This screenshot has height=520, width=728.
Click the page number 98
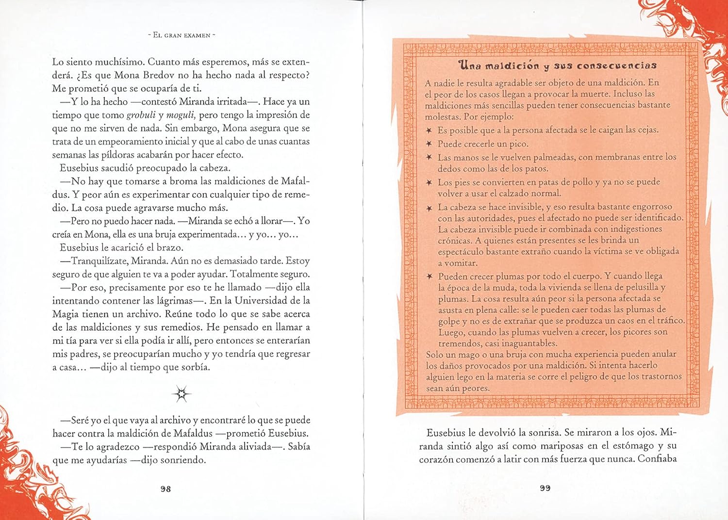165,489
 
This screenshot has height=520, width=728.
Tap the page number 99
545,488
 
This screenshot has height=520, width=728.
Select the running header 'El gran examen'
181,35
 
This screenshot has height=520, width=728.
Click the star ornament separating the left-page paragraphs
182,394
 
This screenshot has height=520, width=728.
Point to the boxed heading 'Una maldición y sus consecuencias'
557,65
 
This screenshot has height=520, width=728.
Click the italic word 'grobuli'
141,115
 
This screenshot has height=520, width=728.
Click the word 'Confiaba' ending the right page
657,459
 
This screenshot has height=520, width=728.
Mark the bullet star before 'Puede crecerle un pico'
429,144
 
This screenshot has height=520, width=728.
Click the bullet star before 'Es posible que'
429,130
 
